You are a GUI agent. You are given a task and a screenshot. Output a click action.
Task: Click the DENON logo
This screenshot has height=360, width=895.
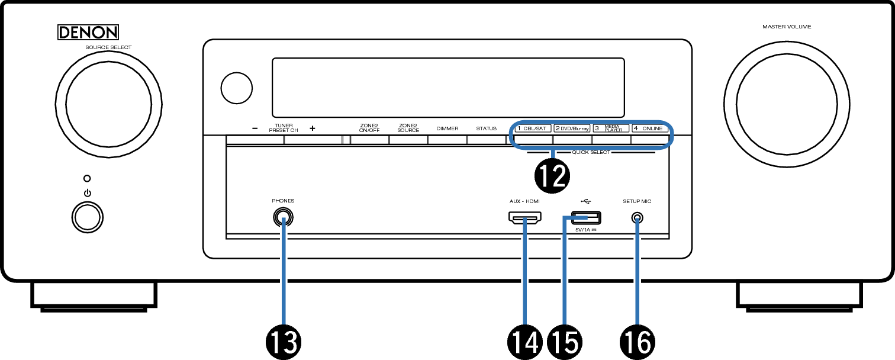click(x=88, y=32)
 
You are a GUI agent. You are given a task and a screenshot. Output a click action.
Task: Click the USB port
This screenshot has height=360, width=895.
click(x=586, y=218)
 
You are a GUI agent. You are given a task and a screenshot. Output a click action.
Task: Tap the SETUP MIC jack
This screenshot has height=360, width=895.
click(x=637, y=218)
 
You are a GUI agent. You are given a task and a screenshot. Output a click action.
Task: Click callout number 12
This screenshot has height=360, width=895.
click(x=552, y=175)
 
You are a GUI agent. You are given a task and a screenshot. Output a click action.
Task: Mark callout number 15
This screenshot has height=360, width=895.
click(x=565, y=342)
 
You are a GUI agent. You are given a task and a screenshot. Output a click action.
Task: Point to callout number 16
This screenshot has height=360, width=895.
click(x=638, y=342)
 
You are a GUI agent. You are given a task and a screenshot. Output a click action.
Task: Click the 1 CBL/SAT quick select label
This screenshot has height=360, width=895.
click(x=532, y=128)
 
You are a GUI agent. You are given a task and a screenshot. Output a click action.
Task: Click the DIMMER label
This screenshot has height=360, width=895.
click(x=447, y=128)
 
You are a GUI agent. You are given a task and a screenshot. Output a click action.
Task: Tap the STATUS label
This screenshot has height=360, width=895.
click(x=486, y=128)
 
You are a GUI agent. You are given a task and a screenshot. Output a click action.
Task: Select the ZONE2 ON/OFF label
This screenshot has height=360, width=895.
click(x=369, y=128)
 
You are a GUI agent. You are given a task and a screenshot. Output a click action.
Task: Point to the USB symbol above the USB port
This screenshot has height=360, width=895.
click(x=586, y=201)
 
